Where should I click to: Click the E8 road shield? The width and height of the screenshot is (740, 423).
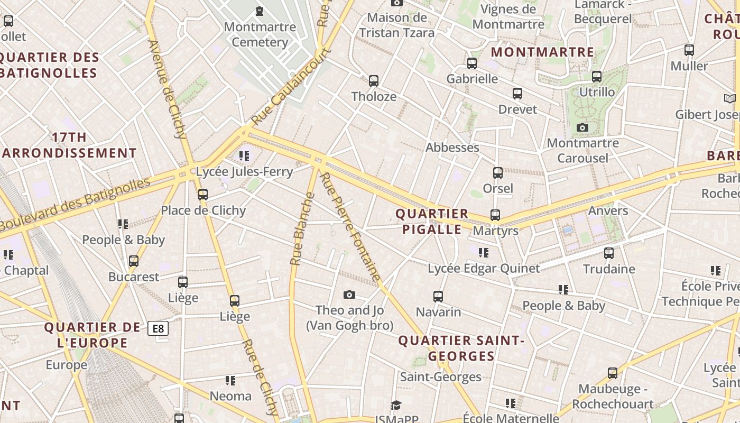158,328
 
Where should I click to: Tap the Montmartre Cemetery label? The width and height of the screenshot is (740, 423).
260,34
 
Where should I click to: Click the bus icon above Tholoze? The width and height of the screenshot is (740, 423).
374,81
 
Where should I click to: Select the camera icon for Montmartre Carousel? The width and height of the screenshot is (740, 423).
582,127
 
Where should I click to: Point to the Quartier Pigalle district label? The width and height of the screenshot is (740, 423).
432,222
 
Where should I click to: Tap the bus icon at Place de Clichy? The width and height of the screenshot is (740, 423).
203,195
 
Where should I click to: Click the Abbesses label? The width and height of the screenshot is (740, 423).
452,148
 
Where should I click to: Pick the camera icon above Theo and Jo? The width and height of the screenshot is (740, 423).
349,295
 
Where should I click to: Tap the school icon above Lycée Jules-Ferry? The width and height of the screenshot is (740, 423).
244,155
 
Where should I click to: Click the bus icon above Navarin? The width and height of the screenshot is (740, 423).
438,296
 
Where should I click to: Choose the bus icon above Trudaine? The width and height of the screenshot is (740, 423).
609,253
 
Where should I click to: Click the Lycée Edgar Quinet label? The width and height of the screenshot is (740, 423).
484,269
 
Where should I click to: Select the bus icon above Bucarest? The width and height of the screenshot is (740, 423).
134,261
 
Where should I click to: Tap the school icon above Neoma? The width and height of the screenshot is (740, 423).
230,381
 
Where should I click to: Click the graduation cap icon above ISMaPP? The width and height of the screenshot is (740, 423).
396,405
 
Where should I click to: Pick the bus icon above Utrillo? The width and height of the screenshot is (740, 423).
597,77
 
